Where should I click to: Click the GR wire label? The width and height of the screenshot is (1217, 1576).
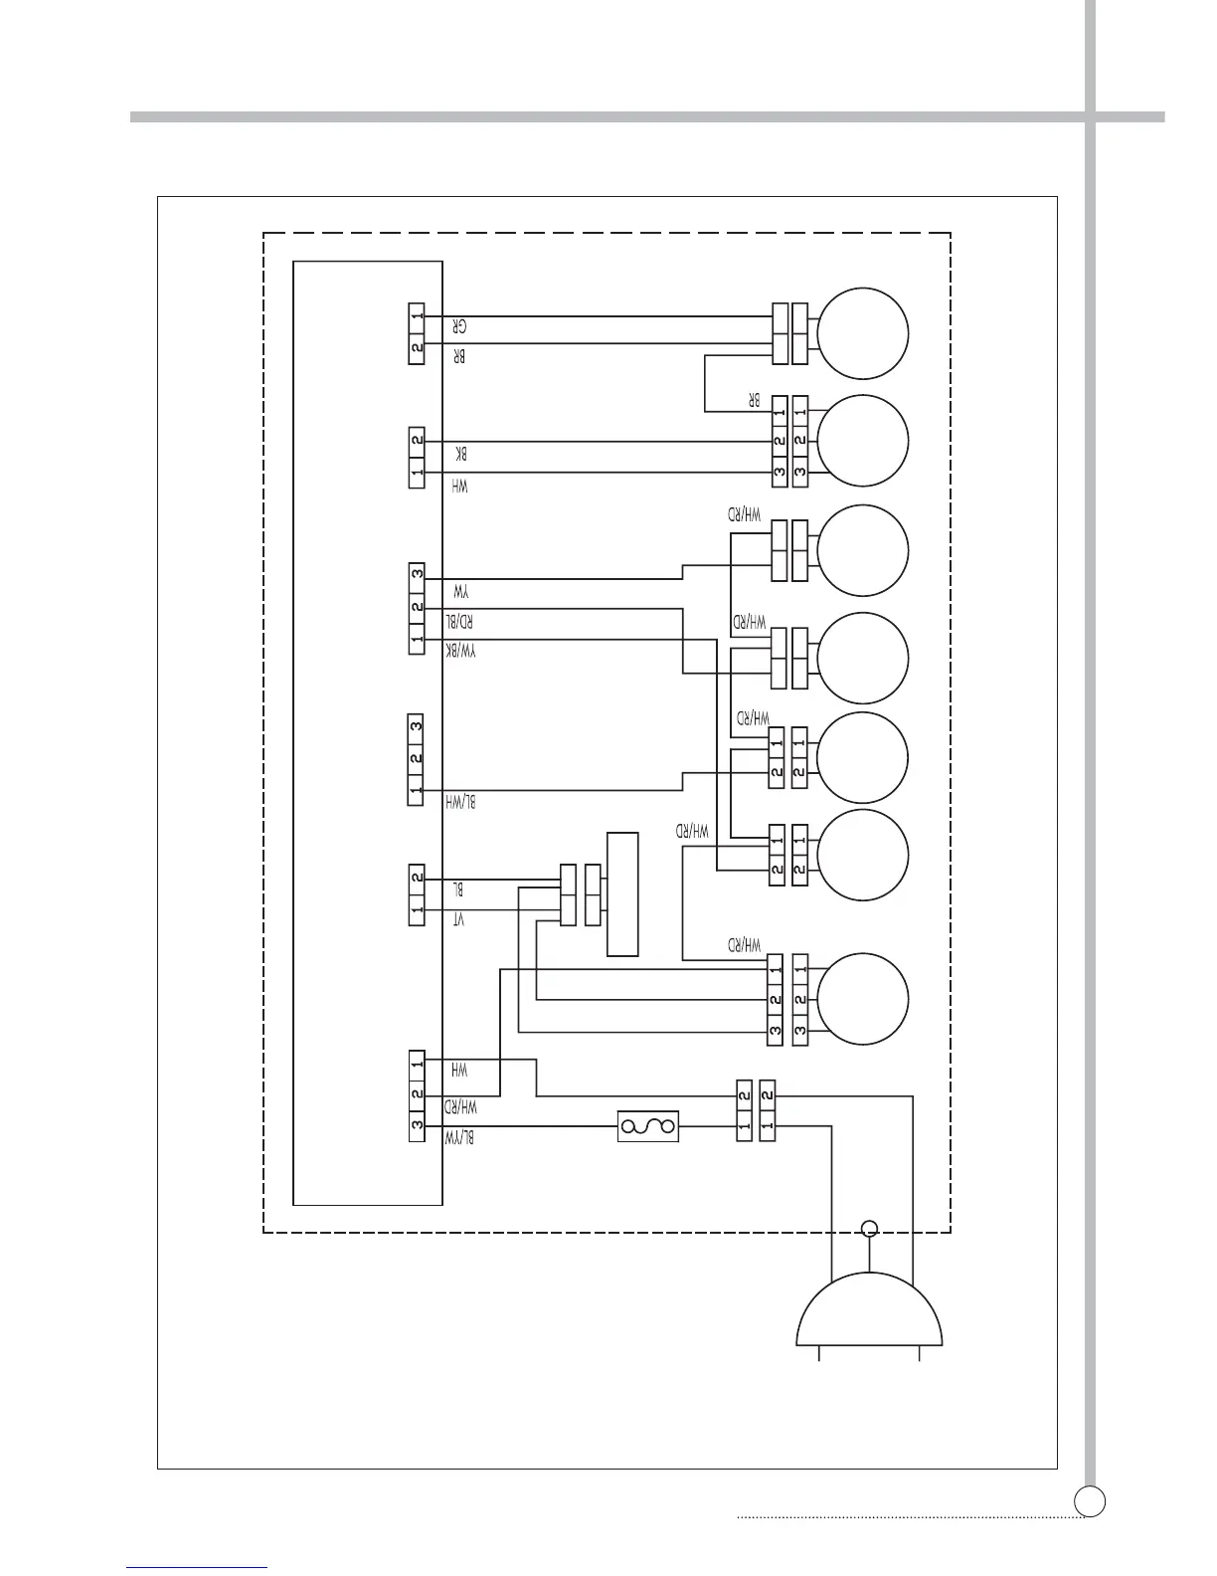point(459,326)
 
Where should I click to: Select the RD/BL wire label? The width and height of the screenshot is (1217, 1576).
point(458,622)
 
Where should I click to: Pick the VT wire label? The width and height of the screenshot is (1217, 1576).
point(458,920)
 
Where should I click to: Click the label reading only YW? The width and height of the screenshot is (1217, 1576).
point(459,591)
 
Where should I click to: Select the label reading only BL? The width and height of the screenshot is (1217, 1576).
point(458,888)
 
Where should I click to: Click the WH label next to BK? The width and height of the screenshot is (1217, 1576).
point(459,486)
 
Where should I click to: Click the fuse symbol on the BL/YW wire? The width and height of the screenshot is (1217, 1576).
point(648,1126)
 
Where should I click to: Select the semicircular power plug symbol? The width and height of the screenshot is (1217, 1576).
point(869,1309)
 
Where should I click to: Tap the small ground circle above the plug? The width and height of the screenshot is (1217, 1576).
point(870,1228)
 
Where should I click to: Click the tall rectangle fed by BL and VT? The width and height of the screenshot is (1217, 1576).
point(622,894)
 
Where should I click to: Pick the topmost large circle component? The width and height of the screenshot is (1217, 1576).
point(862,333)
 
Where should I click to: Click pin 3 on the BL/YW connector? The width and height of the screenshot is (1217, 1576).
point(418,1125)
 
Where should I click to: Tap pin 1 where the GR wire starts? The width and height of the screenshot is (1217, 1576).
point(418,316)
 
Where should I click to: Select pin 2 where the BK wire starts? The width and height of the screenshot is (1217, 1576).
point(418,440)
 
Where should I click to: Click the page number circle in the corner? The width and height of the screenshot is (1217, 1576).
point(1090,1499)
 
